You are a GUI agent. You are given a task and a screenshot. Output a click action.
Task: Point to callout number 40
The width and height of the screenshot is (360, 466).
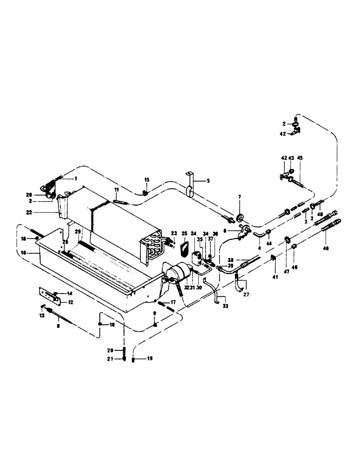click(325, 249)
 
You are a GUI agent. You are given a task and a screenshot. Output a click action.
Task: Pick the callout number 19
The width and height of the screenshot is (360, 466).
click(150, 359)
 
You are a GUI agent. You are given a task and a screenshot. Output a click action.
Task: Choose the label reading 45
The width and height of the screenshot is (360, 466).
click(299, 158)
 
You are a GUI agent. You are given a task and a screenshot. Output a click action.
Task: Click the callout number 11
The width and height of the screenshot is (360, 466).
click(117, 190)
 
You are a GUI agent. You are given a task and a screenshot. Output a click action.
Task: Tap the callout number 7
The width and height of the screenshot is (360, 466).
click(240, 198)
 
